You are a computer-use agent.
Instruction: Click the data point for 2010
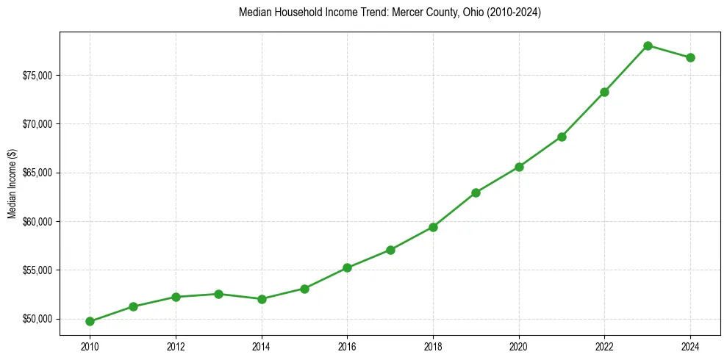pos(90,321)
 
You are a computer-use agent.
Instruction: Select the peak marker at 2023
pos(648,46)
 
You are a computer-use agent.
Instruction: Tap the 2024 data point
pos(690,57)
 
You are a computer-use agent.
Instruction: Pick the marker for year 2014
pos(262,299)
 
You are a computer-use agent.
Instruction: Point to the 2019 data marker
pos(476,192)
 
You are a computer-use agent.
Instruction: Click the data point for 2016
pos(347,267)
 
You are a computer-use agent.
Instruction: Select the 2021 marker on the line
pos(562,137)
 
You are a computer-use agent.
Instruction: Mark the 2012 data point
pos(176,297)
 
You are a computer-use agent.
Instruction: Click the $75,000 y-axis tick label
pos(36,76)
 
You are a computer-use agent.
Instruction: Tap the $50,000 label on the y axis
pos(36,319)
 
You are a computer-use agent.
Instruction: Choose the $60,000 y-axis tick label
pos(36,222)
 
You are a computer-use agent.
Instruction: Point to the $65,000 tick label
pos(36,173)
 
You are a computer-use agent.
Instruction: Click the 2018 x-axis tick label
pos(433,346)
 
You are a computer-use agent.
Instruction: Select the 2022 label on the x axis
pos(604,346)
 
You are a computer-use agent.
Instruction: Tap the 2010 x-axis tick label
pos(90,346)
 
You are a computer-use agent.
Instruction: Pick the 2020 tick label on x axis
pos(519,346)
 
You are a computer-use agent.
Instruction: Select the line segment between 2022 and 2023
pos(626,68)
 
